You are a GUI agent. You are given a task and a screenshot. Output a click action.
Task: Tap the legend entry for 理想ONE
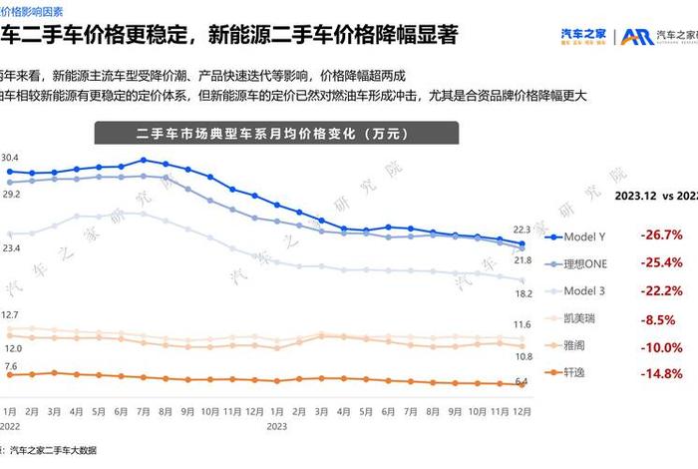click(584, 263)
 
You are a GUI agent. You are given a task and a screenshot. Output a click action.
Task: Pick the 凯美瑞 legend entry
click(582, 318)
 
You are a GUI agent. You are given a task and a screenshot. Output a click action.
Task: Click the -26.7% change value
click(662, 235)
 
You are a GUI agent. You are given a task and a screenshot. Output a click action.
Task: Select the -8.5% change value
click(665, 318)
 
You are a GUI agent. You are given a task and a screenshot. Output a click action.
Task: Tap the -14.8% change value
click(662, 373)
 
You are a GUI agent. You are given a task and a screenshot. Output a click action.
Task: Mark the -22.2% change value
click(662, 290)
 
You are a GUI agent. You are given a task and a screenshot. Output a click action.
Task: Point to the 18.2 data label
click(523, 294)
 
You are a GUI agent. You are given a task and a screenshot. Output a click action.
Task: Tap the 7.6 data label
click(10, 366)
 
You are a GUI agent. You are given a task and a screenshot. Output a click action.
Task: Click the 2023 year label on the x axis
click(276, 424)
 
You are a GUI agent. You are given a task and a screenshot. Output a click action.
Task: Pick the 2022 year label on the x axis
click(10, 424)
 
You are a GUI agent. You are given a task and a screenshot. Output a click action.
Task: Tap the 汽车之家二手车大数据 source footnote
click(56, 451)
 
